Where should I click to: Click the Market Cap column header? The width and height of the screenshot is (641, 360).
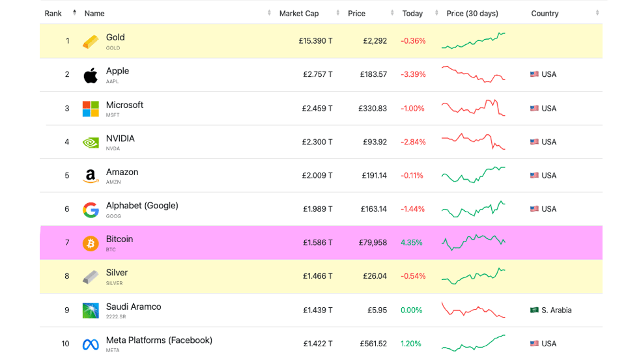[x=299, y=14]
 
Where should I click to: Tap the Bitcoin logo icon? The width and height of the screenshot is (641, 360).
[x=91, y=243]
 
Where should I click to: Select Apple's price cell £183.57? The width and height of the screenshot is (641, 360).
[x=373, y=74]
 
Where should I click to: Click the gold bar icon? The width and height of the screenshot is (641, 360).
[x=91, y=42]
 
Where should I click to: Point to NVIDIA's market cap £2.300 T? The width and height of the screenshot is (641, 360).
[x=317, y=142]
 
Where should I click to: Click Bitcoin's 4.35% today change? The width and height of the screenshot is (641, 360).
[x=411, y=243]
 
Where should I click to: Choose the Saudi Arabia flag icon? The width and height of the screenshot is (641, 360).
[x=534, y=310]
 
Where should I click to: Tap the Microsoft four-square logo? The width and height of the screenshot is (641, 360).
[x=91, y=109]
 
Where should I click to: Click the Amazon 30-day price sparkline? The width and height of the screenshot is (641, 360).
[x=474, y=175]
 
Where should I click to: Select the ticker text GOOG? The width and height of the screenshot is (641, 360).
[x=113, y=216]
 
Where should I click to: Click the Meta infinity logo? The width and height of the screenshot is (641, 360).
[x=91, y=344]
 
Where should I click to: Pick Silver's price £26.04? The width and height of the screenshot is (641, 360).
[x=375, y=276]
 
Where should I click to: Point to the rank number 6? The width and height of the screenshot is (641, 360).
[x=67, y=209]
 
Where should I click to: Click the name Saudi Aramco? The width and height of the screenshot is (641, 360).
[x=134, y=307]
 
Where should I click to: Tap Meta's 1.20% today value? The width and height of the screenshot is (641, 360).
[x=411, y=344]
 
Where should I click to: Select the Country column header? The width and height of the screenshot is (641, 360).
[x=545, y=14]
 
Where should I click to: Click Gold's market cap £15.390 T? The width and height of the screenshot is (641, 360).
[x=315, y=41]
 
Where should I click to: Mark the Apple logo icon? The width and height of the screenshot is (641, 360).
[x=91, y=75]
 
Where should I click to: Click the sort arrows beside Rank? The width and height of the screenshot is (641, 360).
[x=74, y=12]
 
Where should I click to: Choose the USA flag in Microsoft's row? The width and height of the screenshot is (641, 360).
[x=534, y=108]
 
